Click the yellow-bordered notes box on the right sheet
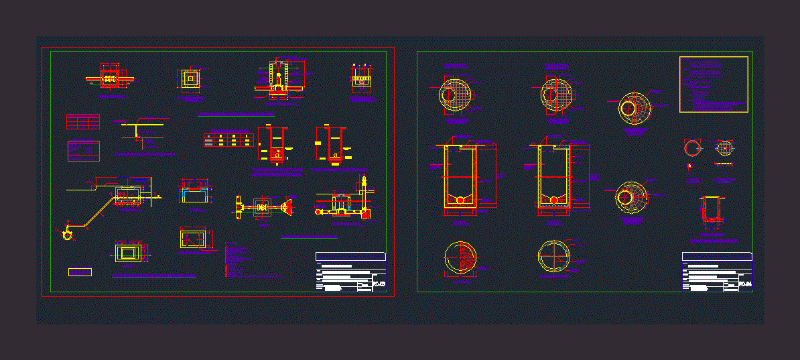point(714,84)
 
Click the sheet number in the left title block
point(379,285)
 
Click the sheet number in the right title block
point(745,285)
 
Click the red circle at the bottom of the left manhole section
point(460,200)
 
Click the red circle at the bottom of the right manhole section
point(553,200)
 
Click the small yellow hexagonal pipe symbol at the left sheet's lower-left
point(66,235)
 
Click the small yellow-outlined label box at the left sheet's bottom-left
point(80,272)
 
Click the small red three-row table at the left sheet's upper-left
point(82,121)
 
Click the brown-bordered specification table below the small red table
point(84,150)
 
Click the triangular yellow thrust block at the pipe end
point(288,207)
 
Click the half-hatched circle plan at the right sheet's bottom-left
point(460,257)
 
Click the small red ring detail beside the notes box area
point(691,148)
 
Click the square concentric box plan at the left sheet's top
point(191,78)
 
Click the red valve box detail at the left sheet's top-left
point(109,78)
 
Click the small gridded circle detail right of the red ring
point(724,147)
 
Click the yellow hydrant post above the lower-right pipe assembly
point(364,182)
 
